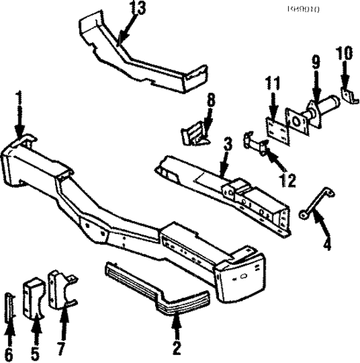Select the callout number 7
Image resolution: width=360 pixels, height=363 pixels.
[63, 345]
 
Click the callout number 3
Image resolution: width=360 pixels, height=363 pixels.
[227, 143]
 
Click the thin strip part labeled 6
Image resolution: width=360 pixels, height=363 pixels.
[9, 307]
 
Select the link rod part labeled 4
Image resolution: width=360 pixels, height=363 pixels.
[310, 206]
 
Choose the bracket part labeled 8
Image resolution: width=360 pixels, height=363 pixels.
[195, 135]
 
